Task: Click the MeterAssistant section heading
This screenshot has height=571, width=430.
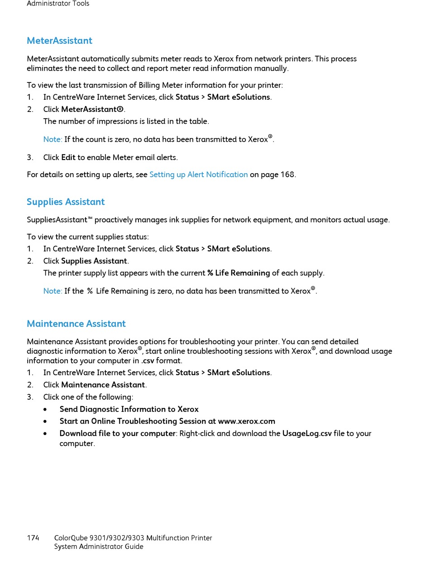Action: tap(59, 41)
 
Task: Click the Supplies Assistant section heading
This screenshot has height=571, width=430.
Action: tap(66, 202)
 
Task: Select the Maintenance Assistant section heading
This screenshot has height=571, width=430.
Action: tap(76, 324)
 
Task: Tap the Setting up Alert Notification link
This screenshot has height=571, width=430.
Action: tap(198, 174)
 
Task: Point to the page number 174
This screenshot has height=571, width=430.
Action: tap(33, 538)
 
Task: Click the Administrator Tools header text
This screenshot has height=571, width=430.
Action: tap(58, 4)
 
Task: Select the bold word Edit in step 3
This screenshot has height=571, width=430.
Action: tap(68, 158)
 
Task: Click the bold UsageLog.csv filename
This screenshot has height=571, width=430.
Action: tap(307, 434)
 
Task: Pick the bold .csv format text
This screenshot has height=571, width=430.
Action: tap(148, 361)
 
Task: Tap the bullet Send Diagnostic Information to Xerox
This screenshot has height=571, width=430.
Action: tap(129, 409)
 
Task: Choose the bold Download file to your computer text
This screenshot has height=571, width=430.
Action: tap(117, 434)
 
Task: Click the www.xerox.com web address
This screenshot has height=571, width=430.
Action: tap(247, 421)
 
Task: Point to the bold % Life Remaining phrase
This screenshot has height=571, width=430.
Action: tap(239, 273)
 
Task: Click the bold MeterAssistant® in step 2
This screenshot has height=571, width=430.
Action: tap(92, 109)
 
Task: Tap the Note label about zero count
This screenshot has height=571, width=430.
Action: tap(53, 140)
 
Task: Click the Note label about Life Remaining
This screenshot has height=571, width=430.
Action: tap(53, 291)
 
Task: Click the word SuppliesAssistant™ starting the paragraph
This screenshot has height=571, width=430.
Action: tap(59, 220)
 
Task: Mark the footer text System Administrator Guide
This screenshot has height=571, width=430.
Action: tap(99, 547)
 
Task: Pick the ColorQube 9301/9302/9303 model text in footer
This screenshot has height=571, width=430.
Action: tap(133, 538)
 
